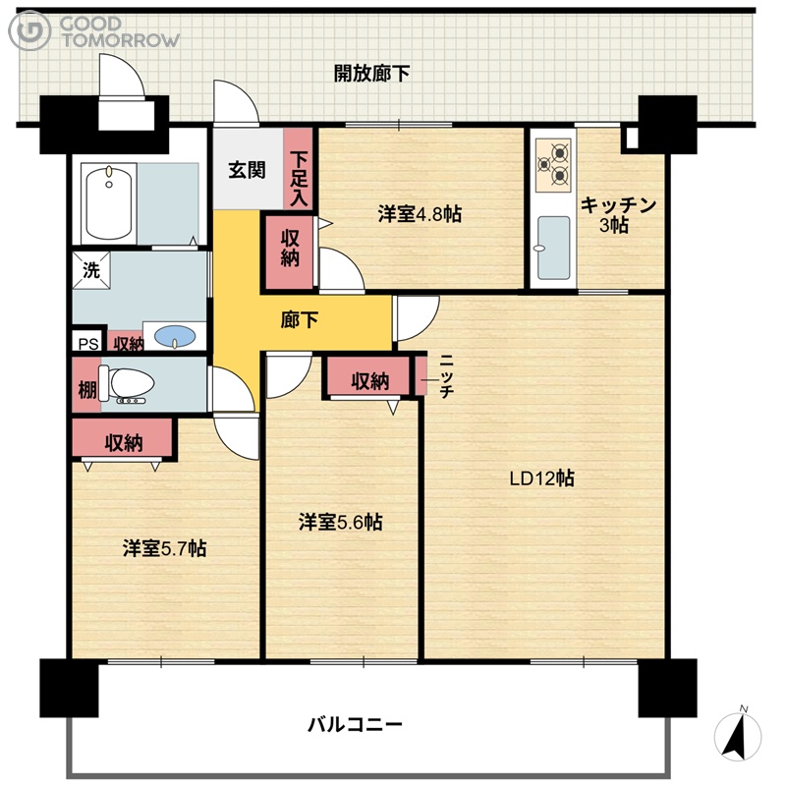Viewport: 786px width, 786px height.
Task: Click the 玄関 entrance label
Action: pyautogui.click(x=247, y=170)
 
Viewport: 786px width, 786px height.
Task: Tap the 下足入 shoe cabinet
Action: pyautogui.click(x=299, y=168)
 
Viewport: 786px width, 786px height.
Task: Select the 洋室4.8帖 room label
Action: pyautogui.click(x=420, y=214)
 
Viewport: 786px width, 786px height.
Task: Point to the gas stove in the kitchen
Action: pyautogui.click(x=553, y=165)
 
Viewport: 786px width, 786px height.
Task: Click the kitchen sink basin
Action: pyautogui.click(x=553, y=249)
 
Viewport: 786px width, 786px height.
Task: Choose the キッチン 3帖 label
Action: pyautogui.click(x=618, y=214)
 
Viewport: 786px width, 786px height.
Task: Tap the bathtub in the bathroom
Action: pyautogui.click(x=109, y=202)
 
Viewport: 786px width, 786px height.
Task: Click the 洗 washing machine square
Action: pyautogui.click(x=91, y=271)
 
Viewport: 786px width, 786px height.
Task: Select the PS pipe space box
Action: pyautogui.click(x=88, y=343)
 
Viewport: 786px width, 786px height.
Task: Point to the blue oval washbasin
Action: pyautogui.click(x=175, y=336)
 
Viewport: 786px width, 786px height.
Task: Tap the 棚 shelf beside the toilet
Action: pyautogui.click(x=86, y=385)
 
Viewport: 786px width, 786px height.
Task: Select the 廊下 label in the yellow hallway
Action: pyautogui.click(x=299, y=320)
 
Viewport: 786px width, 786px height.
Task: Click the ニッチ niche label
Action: pyautogui.click(x=446, y=376)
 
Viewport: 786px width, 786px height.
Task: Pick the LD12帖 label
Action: pyautogui.click(x=542, y=478)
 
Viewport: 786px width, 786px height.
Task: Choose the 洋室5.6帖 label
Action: pyautogui.click(x=340, y=523)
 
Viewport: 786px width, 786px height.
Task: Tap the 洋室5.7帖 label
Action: pyautogui.click(x=164, y=548)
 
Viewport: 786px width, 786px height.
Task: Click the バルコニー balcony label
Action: pyautogui.click(x=355, y=724)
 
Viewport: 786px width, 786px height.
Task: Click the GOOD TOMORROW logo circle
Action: pyautogui.click(x=29, y=30)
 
